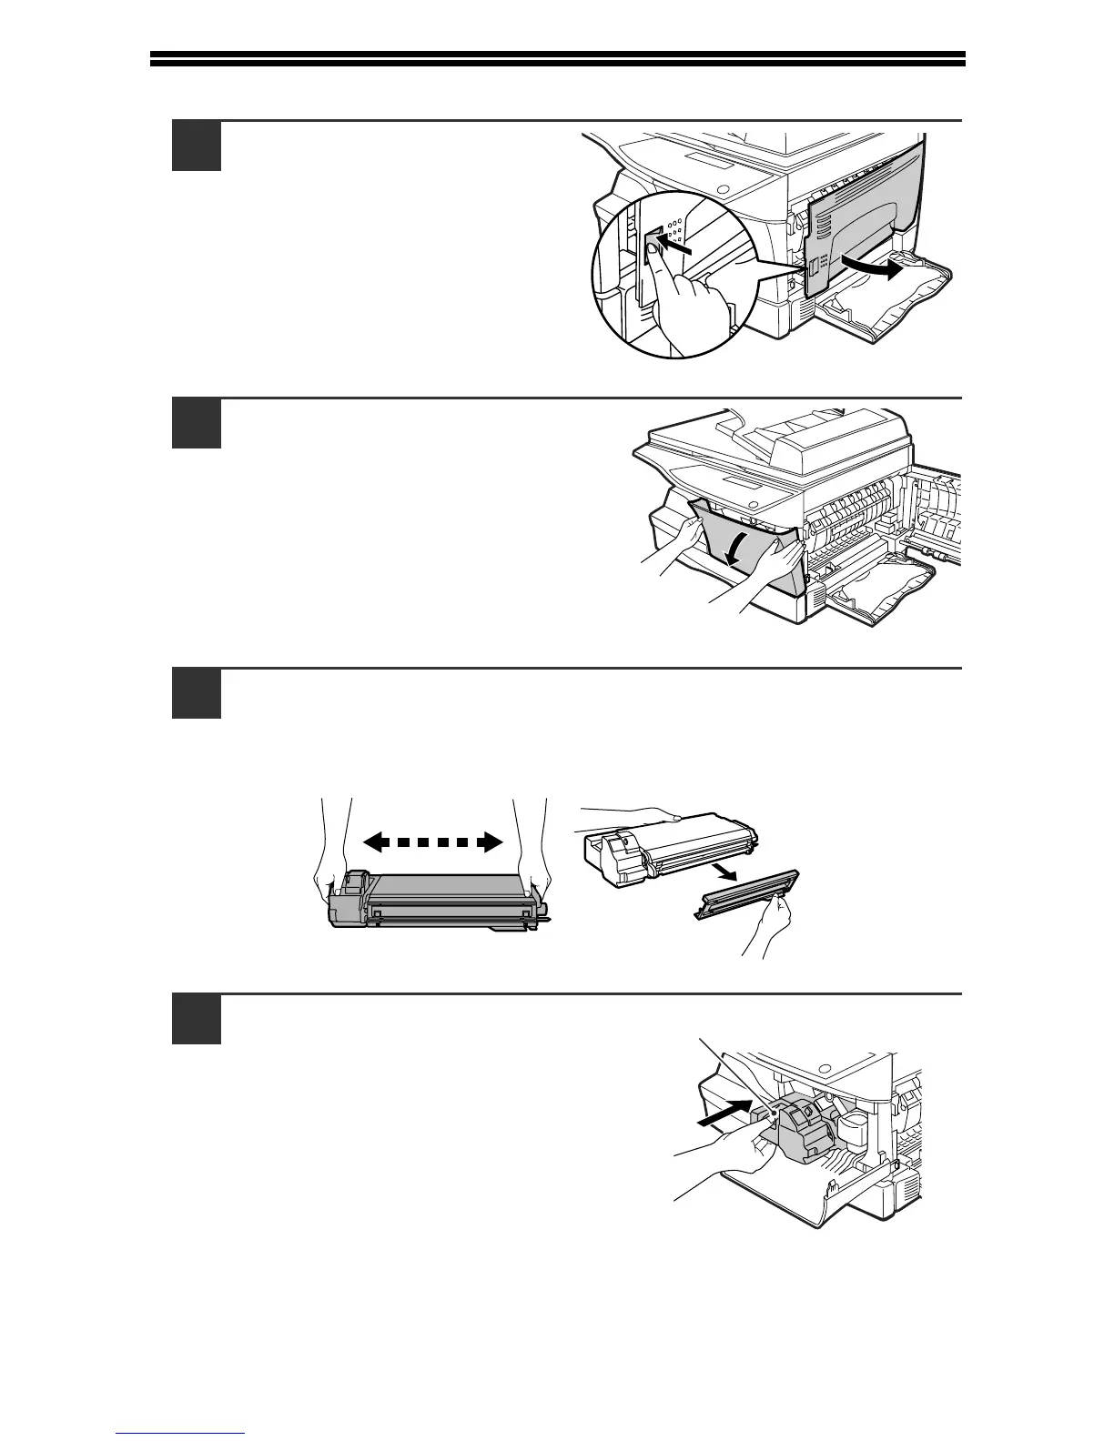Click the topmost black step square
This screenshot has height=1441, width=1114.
196,146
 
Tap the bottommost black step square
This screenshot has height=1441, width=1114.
196,1019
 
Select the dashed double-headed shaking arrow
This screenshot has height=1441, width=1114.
433,842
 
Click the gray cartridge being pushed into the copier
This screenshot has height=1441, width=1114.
801,1128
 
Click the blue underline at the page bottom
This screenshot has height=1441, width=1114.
181,1434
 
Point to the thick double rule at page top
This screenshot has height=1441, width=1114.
557,59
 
